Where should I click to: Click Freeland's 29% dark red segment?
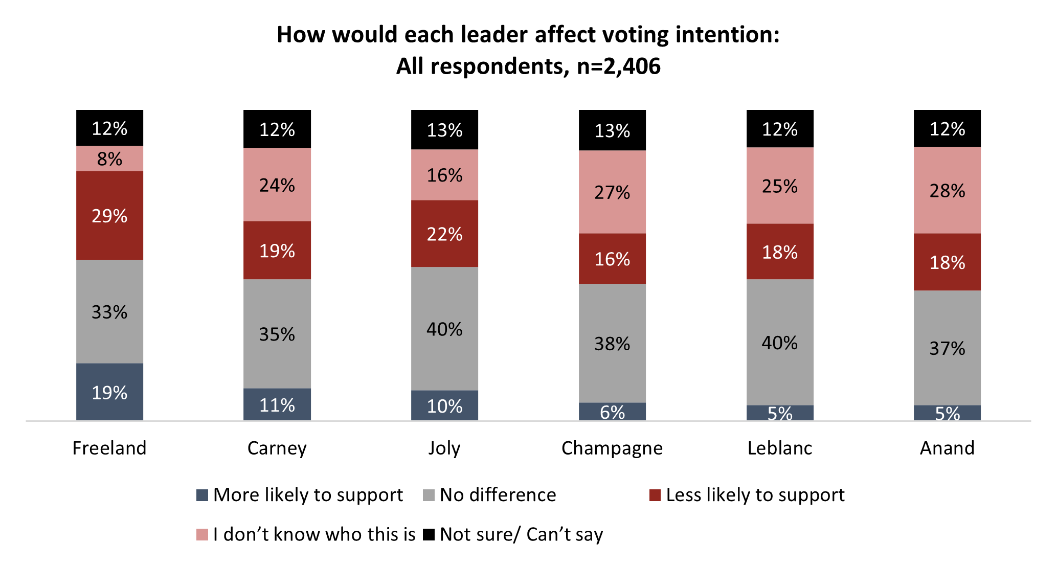(109, 215)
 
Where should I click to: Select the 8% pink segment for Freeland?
(109, 159)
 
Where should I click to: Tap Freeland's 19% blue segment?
(109, 392)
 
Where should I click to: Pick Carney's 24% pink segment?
(277, 185)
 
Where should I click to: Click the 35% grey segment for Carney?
(277, 334)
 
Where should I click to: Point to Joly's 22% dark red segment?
(444, 234)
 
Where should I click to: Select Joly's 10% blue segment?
(444, 405)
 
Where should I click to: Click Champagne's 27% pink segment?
(612, 192)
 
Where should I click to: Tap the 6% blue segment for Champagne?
(612, 412)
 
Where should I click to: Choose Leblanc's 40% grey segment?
(780, 342)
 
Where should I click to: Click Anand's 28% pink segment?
(947, 190)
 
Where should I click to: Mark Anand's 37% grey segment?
(947, 348)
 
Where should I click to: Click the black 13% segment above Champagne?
(612, 130)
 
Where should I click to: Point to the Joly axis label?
(444, 448)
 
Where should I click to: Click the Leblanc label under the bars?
(780, 448)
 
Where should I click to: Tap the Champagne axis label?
(612, 448)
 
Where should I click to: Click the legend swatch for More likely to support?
(203, 495)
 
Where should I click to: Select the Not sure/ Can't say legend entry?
(521, 534)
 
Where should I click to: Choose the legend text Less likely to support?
(755, 495)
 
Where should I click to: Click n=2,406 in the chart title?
(619, 66)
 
